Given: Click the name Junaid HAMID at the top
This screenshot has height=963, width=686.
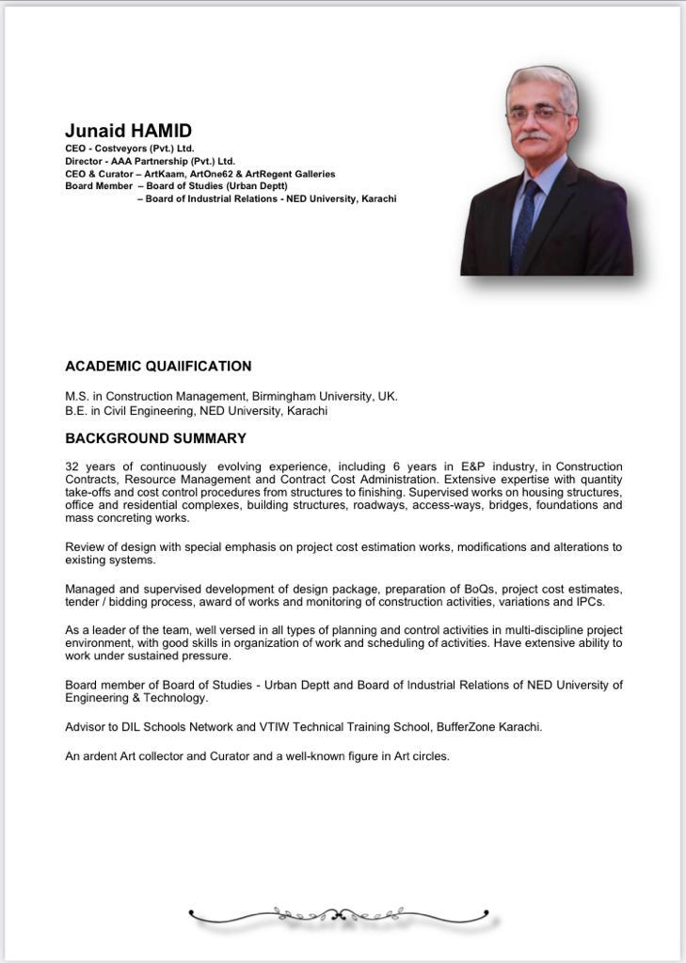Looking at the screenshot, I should (x=128, y=131).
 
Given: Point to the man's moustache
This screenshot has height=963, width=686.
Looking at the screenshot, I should (x=534, y=136).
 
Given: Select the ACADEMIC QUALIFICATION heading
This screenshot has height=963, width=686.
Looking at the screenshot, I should (x=158, y=366).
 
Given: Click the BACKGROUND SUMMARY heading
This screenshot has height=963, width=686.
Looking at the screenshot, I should (x=155, y=438).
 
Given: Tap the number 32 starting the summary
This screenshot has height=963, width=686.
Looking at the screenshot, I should (x=72, y=466).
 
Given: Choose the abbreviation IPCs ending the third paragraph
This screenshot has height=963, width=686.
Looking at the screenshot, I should (x=590, y=602).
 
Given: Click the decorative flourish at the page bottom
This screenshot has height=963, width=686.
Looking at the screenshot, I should (x=339, y=913).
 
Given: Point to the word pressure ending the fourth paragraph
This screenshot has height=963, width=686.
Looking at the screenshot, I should (x=205, y=655).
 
